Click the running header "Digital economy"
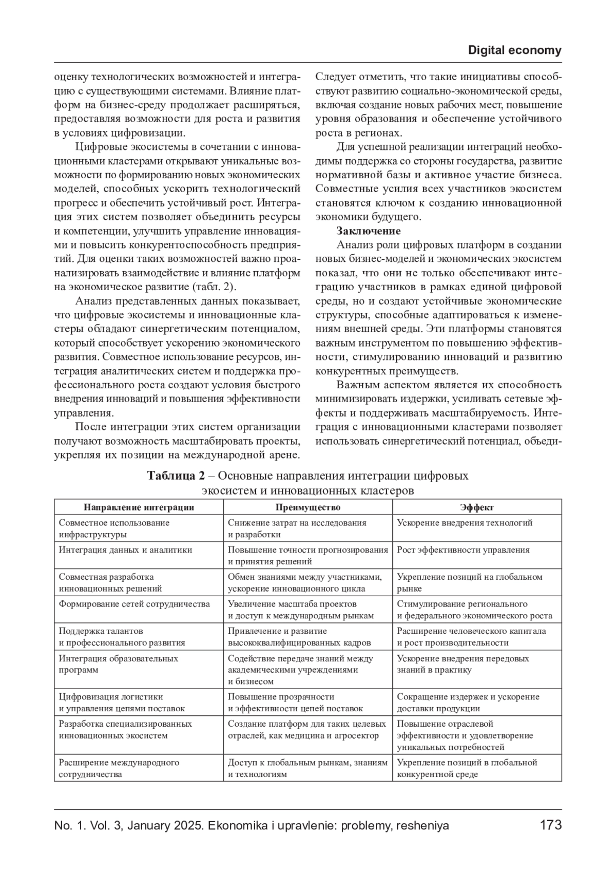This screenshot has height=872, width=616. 514,50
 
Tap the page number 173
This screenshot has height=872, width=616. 550,825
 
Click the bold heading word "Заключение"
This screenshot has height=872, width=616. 369,231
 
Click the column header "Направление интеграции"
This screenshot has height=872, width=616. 139,507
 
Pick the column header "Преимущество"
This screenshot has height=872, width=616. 307,507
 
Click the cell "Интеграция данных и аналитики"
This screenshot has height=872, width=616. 125,550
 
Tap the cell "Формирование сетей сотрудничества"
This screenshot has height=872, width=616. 134,604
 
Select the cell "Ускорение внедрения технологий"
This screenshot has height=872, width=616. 465,523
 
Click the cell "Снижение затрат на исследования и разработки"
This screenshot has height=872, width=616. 297,528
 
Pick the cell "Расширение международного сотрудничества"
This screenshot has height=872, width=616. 119,768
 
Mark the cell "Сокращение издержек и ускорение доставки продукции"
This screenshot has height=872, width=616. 468,703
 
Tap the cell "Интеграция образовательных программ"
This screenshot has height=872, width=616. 119,664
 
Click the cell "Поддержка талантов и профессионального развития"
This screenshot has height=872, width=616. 122,637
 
